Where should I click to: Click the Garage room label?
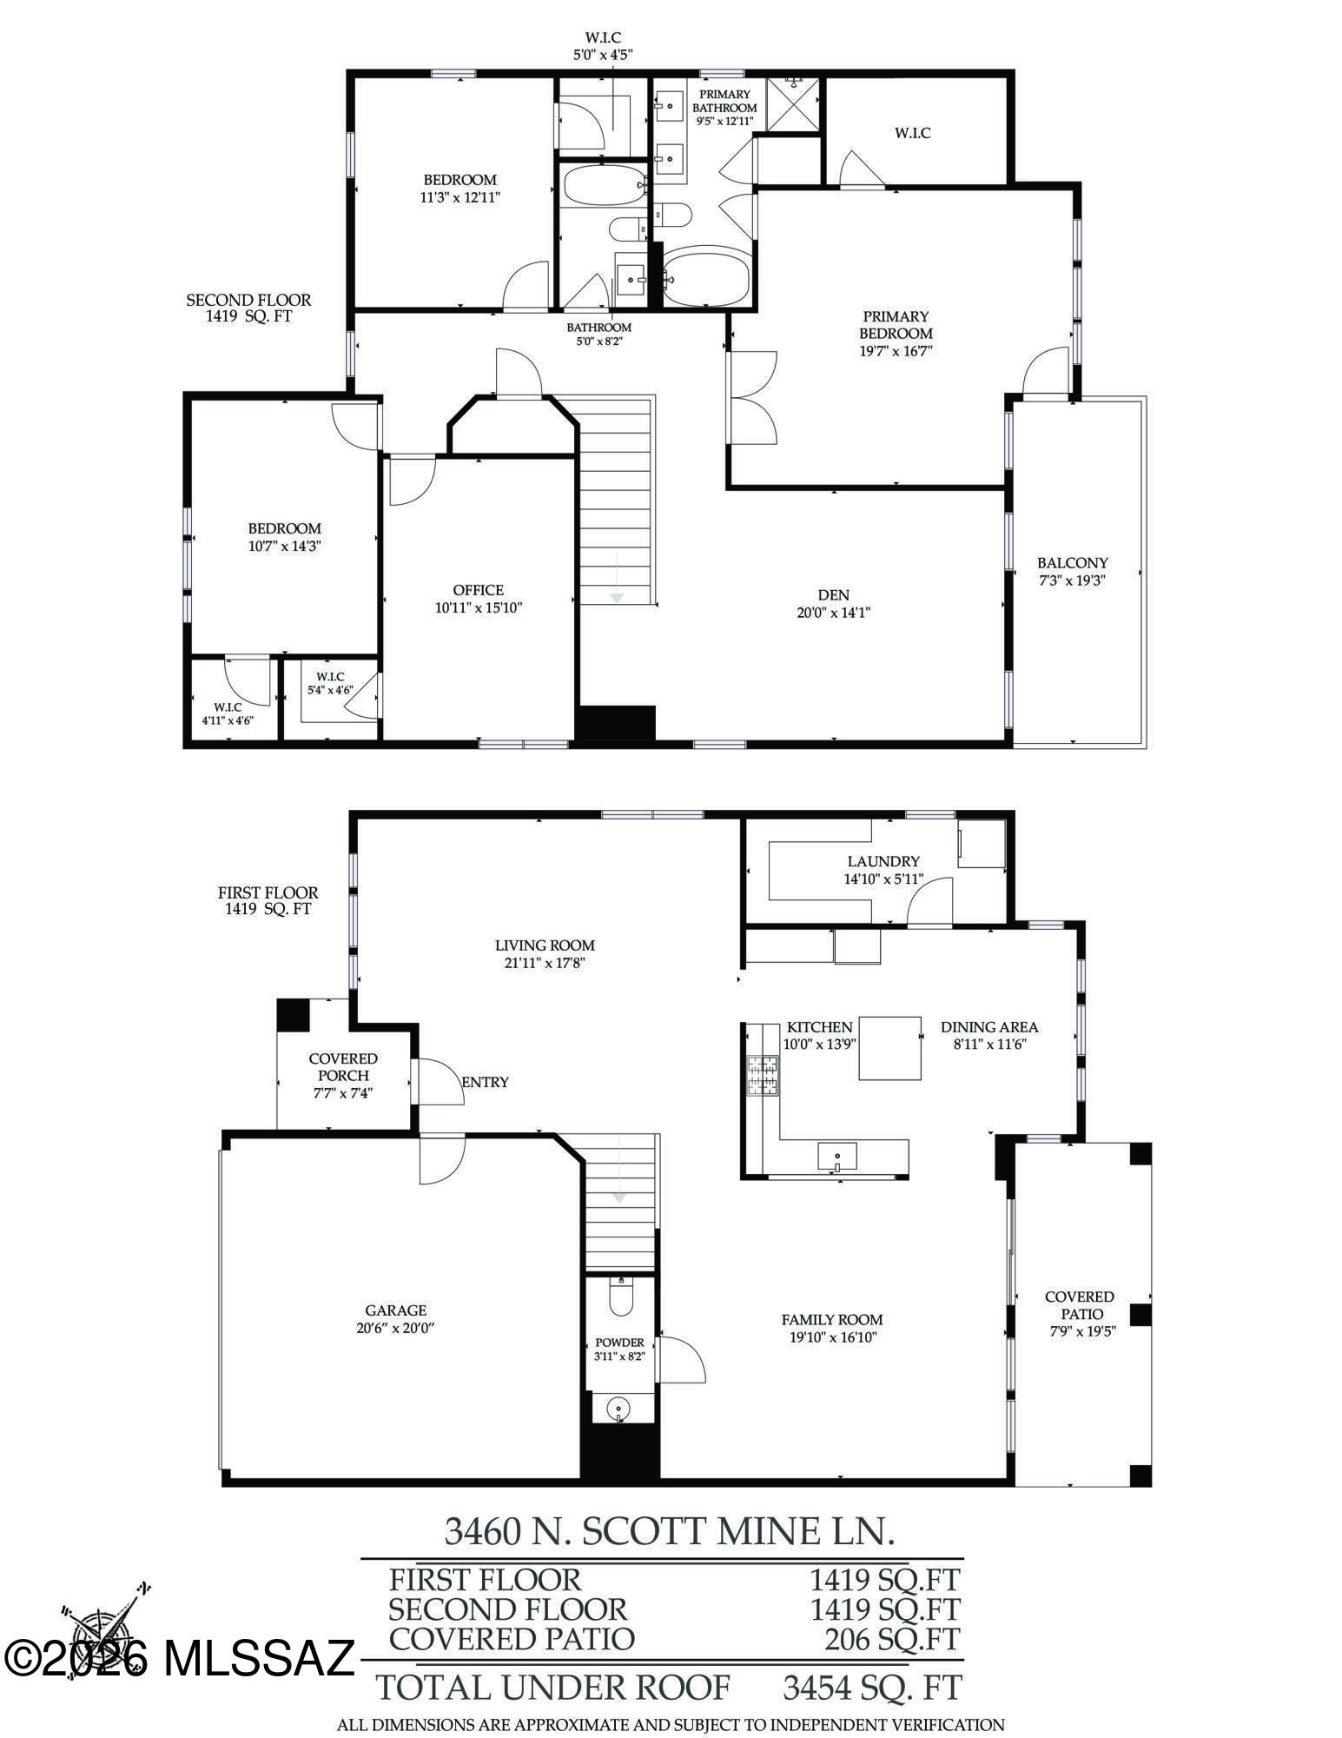click(395, 1310)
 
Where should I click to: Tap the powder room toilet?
click(622, 1297)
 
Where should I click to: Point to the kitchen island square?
click(890, 1048)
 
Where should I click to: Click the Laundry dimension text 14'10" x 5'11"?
click(883, 879)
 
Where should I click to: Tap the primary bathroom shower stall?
click(792, 104)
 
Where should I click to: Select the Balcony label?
click(1072, 562)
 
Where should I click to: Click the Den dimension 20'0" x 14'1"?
click(833, 613)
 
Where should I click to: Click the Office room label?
click(478, 590)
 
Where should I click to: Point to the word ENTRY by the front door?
click(485, 1082)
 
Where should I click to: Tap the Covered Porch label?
click(343, 1066)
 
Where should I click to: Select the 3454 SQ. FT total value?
click(872, 1688)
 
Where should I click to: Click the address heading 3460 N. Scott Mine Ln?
click(669, 1532)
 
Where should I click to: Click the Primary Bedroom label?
click(896, 325)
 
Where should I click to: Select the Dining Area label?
click(989, 1026)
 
